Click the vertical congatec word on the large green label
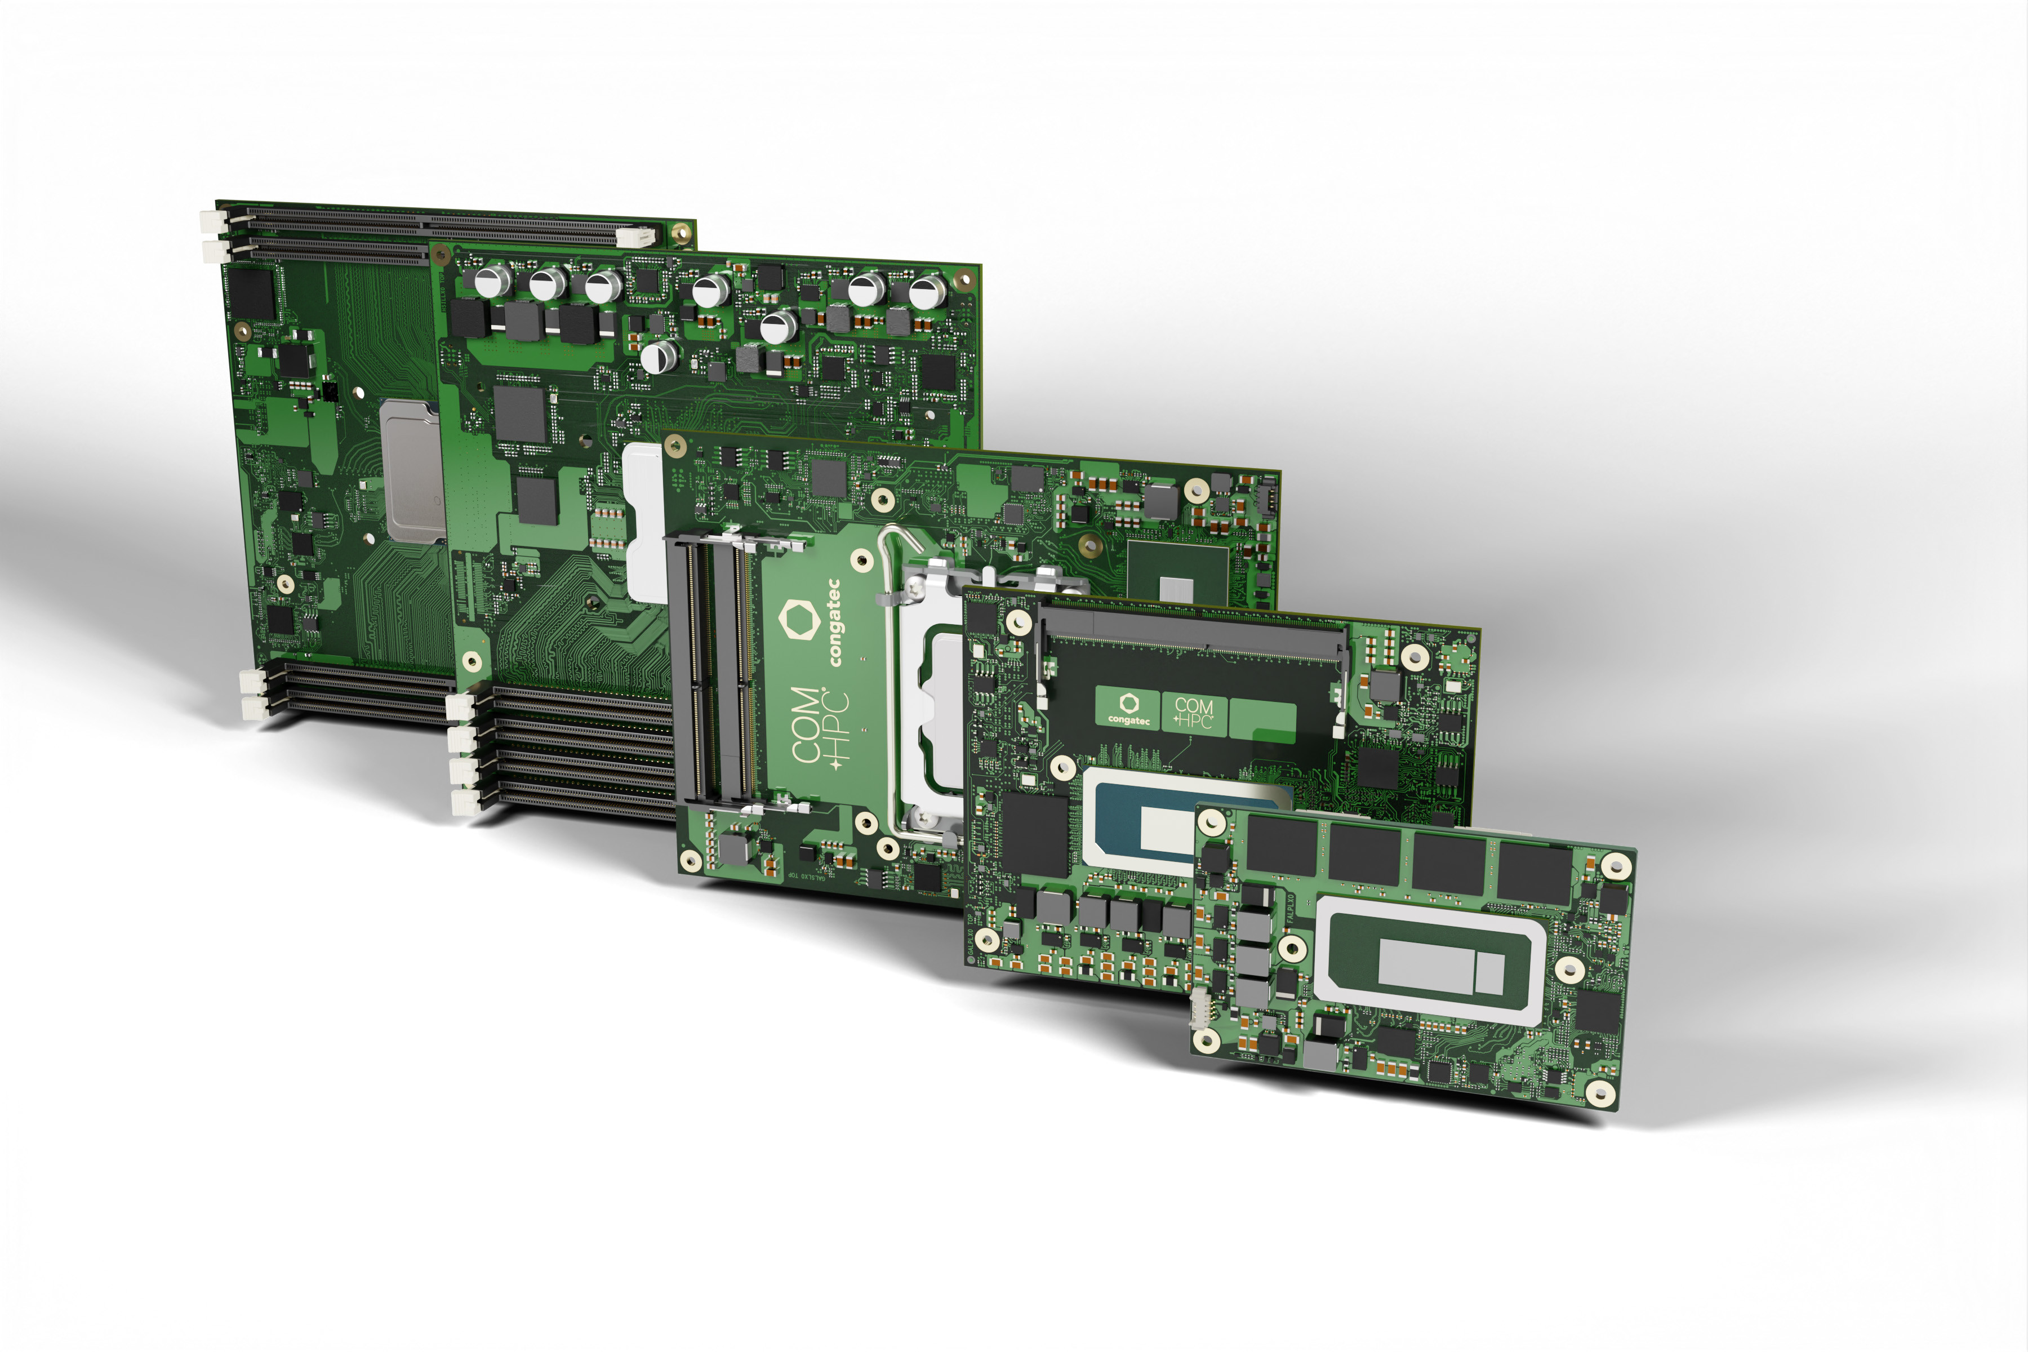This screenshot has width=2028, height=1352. coord(834,622)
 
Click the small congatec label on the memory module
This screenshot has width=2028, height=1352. coord(1128,708)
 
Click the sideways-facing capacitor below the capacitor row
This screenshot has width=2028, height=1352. coord(660,355)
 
